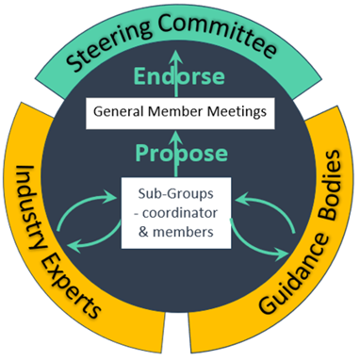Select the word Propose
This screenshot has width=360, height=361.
pos(178,152)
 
